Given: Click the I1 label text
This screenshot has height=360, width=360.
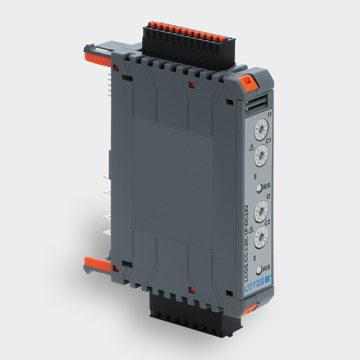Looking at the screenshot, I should tap(270, 115).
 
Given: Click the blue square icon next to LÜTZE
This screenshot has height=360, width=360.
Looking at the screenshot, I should tap(268, 279).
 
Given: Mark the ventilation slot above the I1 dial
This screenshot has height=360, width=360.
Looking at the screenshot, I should tap(257, 102).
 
